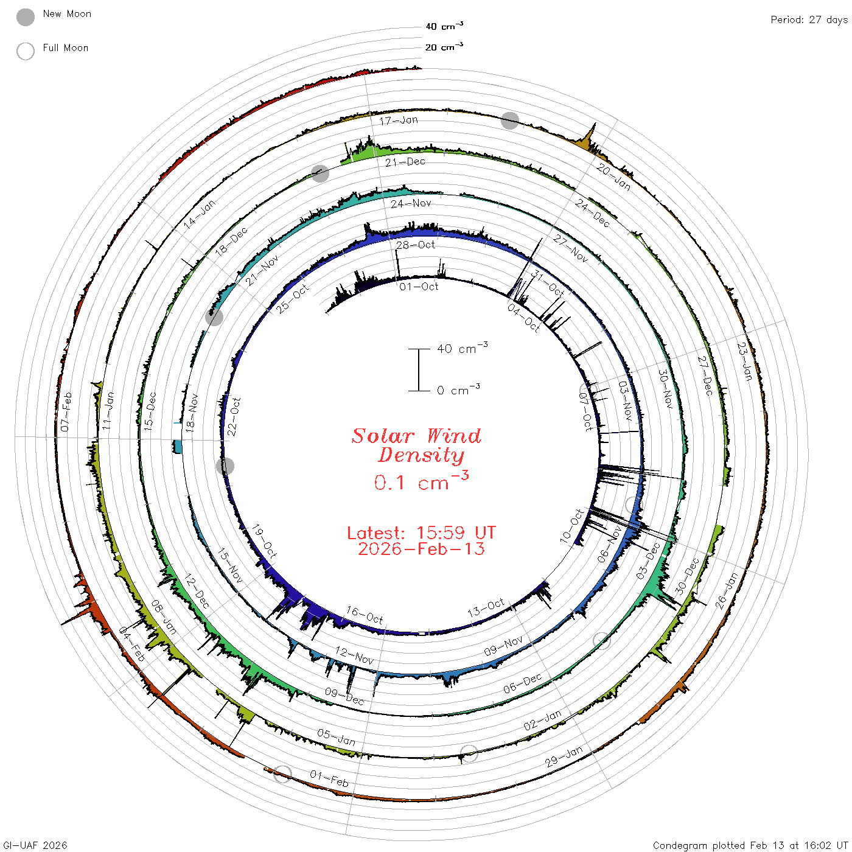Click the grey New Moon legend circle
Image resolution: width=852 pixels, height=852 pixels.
[25, 17]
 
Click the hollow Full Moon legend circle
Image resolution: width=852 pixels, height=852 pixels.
[25, 51]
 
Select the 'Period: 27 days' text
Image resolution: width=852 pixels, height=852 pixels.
[809, 20]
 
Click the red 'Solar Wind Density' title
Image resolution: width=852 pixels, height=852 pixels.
[416, 445]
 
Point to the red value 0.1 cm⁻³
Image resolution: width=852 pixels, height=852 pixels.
[421, 481]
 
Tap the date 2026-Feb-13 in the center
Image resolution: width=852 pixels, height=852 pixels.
[421, 549]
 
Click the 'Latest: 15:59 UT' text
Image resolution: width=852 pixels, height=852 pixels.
[421, 532]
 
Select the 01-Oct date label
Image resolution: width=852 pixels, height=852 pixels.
[419, 287]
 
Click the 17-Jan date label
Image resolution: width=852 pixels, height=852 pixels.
[399, 120]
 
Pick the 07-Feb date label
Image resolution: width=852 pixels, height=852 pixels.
[66, 412]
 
